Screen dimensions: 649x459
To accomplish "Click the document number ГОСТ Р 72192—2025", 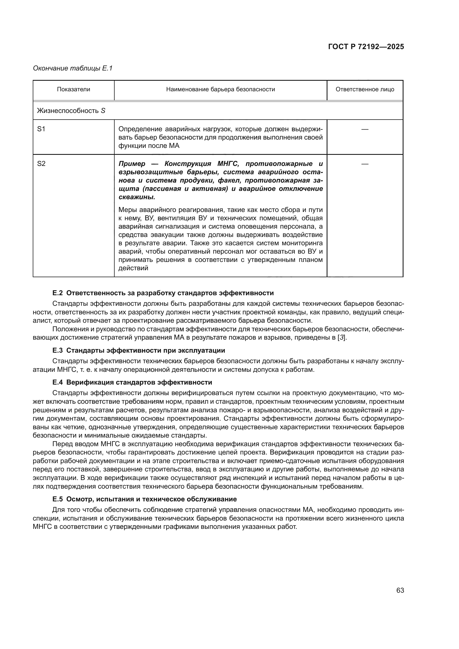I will pyautogui.click(x=366, y=47).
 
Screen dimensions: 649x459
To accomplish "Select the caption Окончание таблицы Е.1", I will pyautogui.click(x=73, y=68).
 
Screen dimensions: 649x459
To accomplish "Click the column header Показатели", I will pyautogui.click(x=74, y=90).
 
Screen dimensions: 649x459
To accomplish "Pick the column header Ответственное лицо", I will pyautogui.click(x=365, y=90).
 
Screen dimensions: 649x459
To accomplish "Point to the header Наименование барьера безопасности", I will pyautogui.click(x=220, y=90).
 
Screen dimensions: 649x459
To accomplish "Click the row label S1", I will pyautogui.click(x=41, y=129).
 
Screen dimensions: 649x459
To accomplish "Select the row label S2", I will pyautogui.click(x=41, y=164).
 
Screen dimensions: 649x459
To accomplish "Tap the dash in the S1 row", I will pyautogui.click(x=365, y=129).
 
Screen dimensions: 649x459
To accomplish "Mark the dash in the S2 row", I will pyautogui.click(x=365, y=164).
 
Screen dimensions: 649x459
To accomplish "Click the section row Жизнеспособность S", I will pyautogui.click(x=71, y=111).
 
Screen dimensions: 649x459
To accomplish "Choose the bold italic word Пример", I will pyautogui.click(x=132, y=164).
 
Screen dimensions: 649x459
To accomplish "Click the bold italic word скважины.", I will pyautogui.click(x=137, y=197).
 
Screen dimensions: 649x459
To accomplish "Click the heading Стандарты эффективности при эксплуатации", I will pyautogui.click(x=146, y=350).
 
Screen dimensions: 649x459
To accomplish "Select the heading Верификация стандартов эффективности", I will pyautogui.click(x=139, y=382).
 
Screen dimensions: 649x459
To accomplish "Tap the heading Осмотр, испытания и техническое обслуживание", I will pyautogui.click(x=152, y=499).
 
